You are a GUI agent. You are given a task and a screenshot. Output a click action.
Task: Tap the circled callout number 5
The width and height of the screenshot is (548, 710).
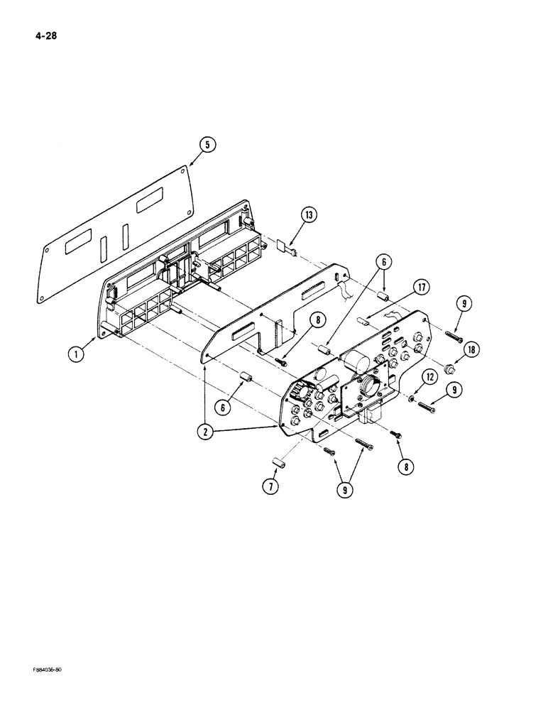tap(207, 145)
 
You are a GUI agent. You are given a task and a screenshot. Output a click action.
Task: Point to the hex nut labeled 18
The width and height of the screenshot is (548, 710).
tap(449, 369)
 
